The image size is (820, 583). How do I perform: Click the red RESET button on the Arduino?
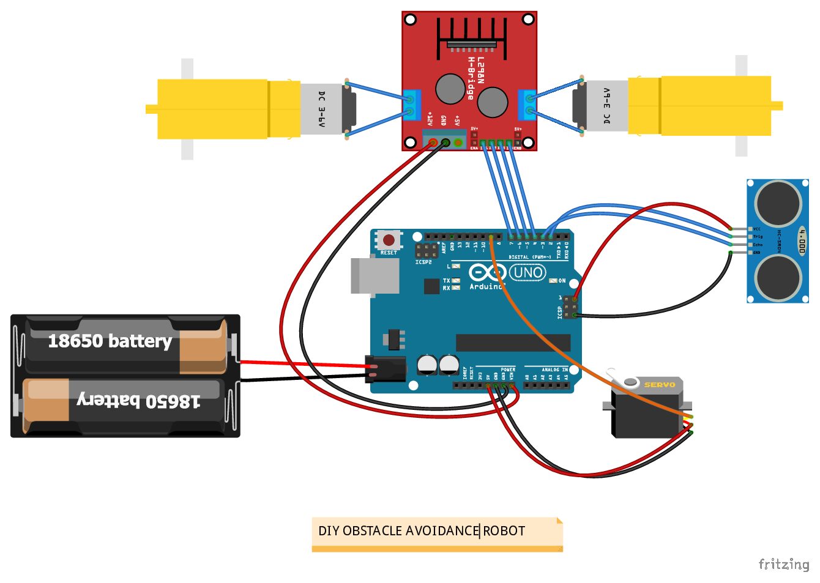click(x=389, y=240)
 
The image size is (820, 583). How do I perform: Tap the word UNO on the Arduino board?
click(x=527, y=273)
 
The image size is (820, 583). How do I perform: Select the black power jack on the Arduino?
click(x=386, y=369)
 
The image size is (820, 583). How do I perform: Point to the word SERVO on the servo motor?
click(x=660, y=385)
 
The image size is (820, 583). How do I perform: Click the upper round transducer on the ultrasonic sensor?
click(x=778, y=203)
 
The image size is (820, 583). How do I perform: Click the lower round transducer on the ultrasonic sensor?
click(x=778, y=278)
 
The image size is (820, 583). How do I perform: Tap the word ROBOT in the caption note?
click(x=504, y=531)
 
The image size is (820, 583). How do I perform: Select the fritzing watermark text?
click(x=784, y=564)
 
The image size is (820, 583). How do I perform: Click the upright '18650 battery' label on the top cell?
click(x=110, y=341)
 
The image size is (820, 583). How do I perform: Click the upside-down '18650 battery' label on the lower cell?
click(x=139, y=401)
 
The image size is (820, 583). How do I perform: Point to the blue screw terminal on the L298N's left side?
click(x=412, y=105)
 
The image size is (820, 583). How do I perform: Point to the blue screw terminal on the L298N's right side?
click(x=527, y=105)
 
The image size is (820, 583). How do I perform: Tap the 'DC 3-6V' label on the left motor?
click(x=322, y=109)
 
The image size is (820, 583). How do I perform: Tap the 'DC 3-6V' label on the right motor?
click(x=606, y=106)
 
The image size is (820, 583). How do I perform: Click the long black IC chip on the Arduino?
click(x=513, y=343)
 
